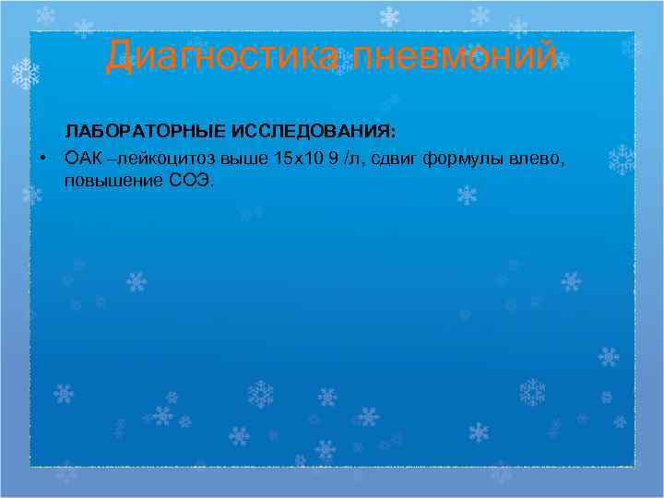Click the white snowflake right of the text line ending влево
pyautogui.click(x=622, y=160)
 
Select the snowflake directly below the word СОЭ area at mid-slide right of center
pyautogui.click(x=468, y=195)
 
